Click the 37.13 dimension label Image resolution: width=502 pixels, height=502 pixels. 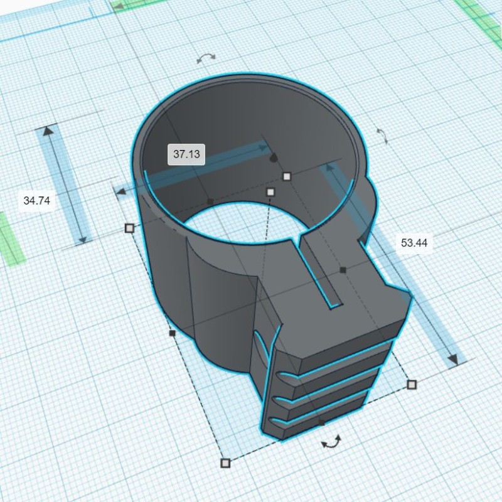[x=186, y=154]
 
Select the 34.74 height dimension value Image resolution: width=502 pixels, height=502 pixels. [x=37, y=201]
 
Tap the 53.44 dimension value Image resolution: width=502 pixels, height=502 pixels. [x=414, y=243]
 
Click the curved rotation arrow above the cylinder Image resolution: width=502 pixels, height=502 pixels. [x=206, y=58]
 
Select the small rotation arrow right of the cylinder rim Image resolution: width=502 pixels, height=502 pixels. [x=382, y=136]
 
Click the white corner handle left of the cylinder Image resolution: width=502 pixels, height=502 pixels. [x=129, y=228]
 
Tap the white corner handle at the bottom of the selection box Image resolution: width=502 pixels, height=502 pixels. [x=225, y=463]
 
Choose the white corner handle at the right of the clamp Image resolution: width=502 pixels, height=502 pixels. [x=412, y=385]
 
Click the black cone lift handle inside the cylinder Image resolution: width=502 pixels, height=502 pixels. [x=274, y=158]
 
